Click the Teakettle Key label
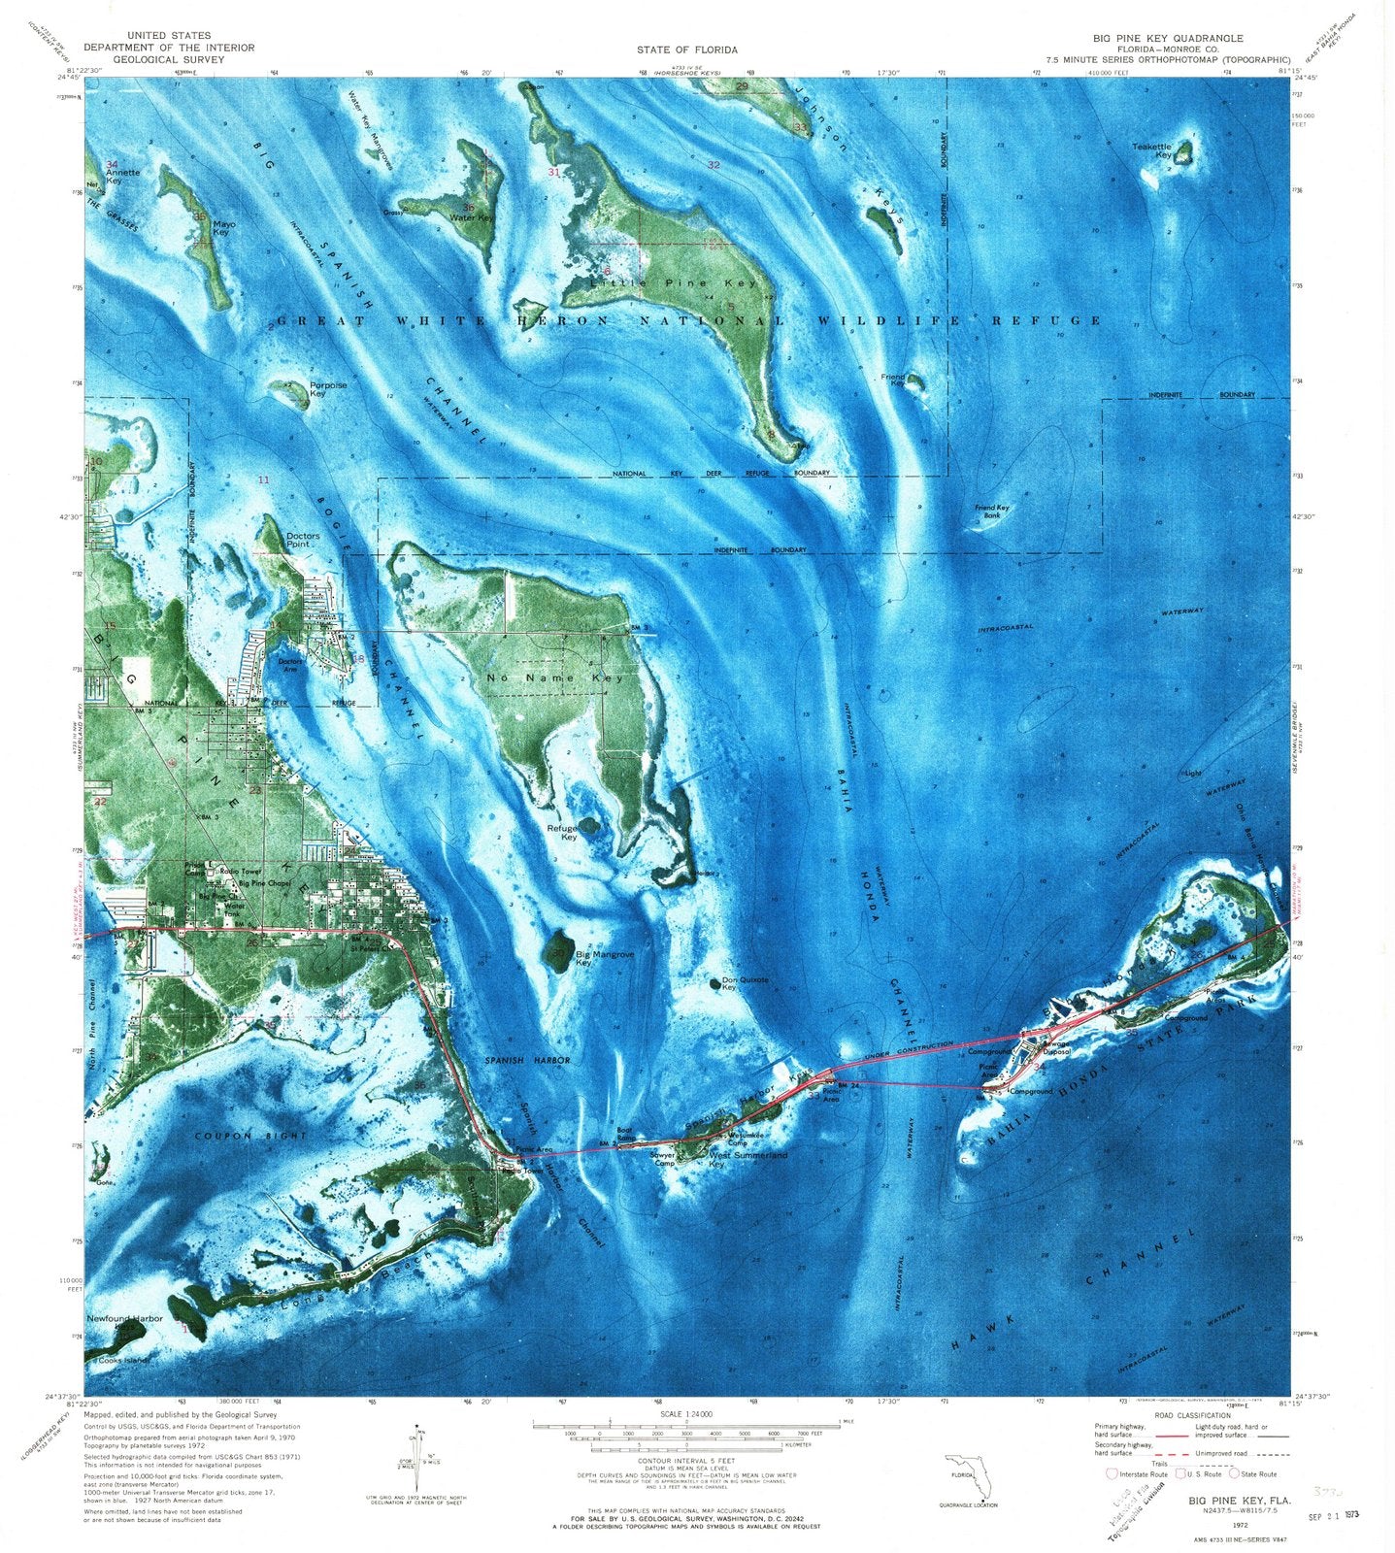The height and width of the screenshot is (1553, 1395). coord(1151,150)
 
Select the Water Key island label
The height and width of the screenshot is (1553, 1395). coord(472,217)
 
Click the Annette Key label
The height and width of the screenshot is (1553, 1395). coord(122,177)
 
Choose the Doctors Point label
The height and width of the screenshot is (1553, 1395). coord(303,541)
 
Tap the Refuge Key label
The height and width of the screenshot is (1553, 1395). coord(562,832)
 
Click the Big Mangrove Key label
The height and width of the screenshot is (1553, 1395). coord(604,958)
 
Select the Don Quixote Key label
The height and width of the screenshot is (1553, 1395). coord(745,984)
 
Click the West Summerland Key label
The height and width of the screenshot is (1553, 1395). coord(747,1160)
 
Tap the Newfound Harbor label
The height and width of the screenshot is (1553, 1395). coord(124,1319)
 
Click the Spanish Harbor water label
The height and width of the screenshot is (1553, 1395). coord(528,1060)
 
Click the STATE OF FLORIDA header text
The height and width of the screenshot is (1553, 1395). coord(686,50)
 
